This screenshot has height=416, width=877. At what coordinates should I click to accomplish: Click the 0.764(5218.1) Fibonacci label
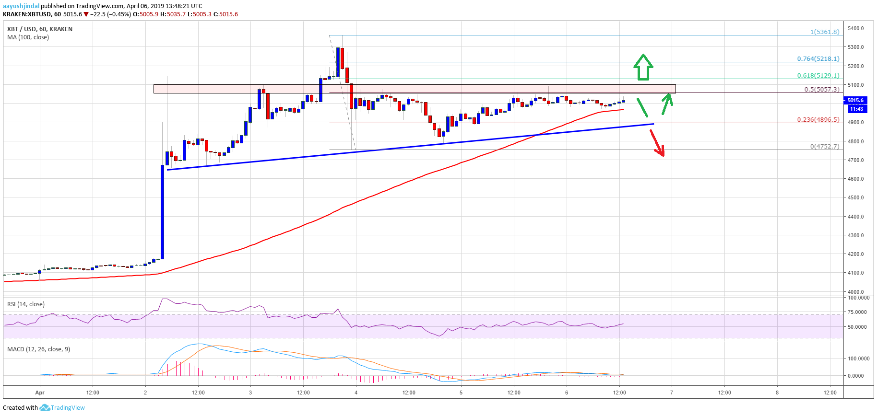click(818, 59)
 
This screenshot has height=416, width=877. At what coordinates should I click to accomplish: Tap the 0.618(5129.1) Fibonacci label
click(818, 76)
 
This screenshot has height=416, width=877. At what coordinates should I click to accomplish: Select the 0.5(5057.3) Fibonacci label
click(822, 90)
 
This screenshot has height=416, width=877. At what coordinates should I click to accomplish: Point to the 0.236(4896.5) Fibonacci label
click(818, 120)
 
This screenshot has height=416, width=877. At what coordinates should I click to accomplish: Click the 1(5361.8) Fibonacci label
click(825, 32)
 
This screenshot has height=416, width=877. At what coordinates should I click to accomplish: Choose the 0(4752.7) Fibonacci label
click(825, 147)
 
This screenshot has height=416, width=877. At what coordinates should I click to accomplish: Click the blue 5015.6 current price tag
click(855, 100)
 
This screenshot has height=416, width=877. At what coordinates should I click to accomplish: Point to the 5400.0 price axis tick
click(855, 28)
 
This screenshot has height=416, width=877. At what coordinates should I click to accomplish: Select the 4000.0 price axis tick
click(855, 292)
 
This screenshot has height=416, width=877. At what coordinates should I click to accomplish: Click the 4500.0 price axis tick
click(855, 197)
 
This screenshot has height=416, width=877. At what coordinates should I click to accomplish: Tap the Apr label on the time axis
click(40, 393)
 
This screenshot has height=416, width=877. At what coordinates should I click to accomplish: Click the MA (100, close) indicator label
click(28, 37)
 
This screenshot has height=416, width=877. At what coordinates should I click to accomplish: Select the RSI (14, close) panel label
click(26, 304)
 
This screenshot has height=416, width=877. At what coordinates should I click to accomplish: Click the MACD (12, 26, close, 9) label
click(38, 349)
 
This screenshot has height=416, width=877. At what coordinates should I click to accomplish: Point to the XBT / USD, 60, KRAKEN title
click(40, 29)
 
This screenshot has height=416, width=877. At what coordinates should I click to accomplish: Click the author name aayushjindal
click(21, 6)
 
